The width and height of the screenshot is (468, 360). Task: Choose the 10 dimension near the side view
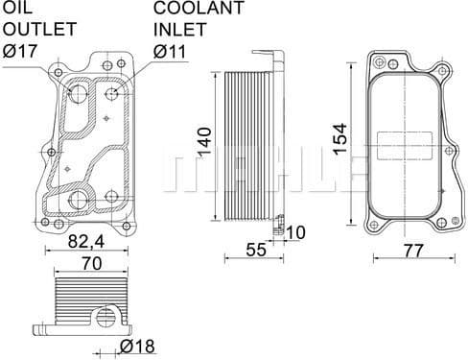[295, 231]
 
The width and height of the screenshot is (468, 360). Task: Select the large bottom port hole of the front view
[82, 202]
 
